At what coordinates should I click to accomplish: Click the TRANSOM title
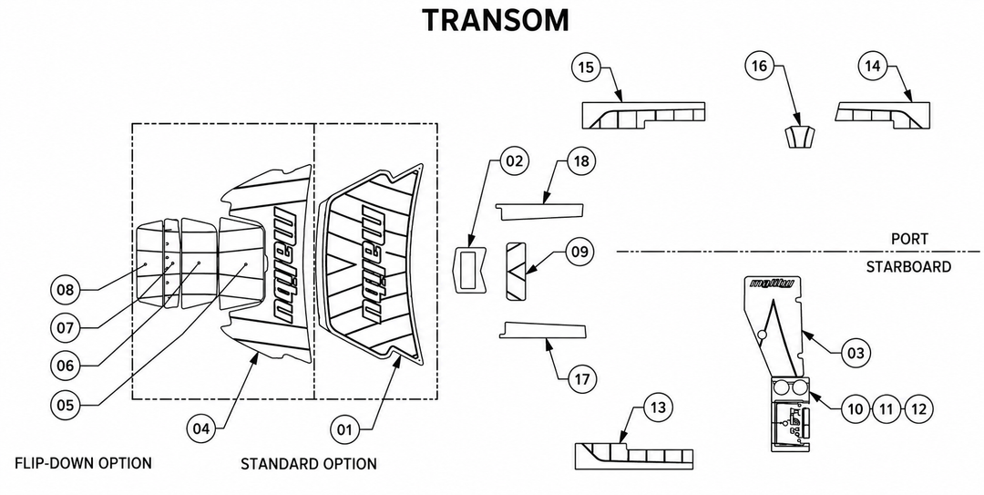click(x=496, y=21)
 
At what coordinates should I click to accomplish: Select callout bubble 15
click(x=586, y=67)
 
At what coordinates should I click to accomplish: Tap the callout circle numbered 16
click(x=759, y=66)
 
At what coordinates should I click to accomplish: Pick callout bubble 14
click(x=873, y=66)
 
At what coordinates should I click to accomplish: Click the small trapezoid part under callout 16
click(x=800, y=137)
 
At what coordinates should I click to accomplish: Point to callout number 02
click(x=514, y=160)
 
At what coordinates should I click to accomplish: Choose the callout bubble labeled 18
click(x=581, y=160)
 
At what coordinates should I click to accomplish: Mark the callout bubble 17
click(x=581, y=379)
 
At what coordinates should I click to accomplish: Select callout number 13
click(x=657, y=407)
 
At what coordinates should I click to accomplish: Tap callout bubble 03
click(x=856, y=353)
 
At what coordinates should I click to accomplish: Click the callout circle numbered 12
click(x=918, y=409)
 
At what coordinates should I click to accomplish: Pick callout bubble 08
click(x=66, y=290)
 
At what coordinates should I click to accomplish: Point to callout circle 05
click(x=66, y=405)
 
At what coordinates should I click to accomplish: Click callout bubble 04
click(x=201, y=429)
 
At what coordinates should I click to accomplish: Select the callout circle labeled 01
click(x=345, y=429)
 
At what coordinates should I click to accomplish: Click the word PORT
click(x=909, y=240)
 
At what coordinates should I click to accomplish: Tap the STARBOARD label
click(x=908, y=267)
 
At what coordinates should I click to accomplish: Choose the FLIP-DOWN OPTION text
click(x=84, y=464)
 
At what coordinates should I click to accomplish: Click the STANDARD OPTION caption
click(x=309, y=464)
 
